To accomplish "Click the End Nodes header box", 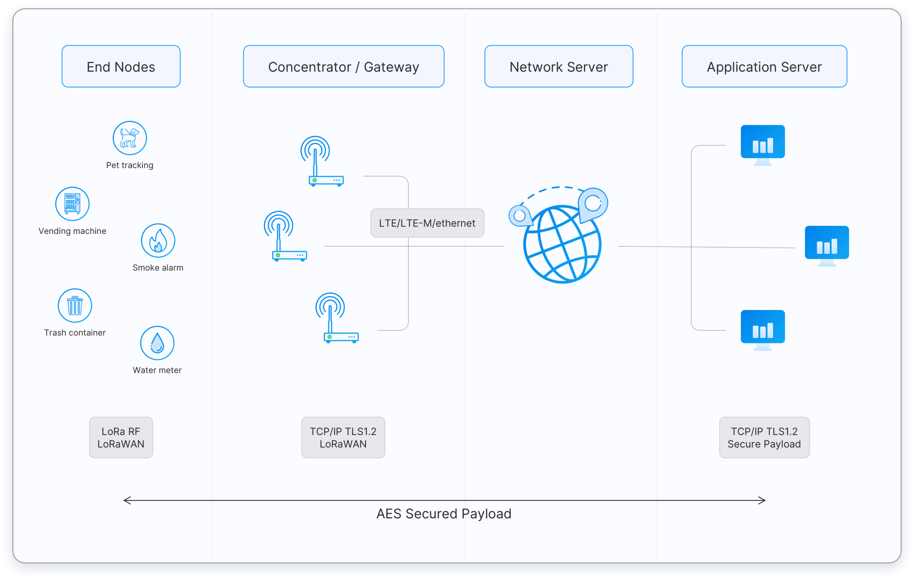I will pyautogui.click(x=121, y=67).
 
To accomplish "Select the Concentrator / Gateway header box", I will pyautogui.click(x=343, y=67).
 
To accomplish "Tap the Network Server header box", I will pyautogui.click(x=559, y=67).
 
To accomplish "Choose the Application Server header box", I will pyautogui.click(x=764, y=67).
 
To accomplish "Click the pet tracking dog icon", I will pyautogui.click(x=130, y=138).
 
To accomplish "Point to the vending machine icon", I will pyautogui.click(x=72, y=204).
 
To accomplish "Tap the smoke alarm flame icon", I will pyautogui.click(x=158, y=241).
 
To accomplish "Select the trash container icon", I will pyautogui.click(x=75, y=305).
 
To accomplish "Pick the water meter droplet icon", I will pyautogui.click(x=157, y=343).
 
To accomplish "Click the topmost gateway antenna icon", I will pyautogui.click(x=322, y=161).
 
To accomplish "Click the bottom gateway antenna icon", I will pyautogui.click(x=337, y=318).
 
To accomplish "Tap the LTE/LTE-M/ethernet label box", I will pyautogui.click(x=427, y=223).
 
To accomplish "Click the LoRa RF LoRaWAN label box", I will pyautogui.click(x=121, y=437).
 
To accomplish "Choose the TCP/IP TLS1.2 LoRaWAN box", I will pyautogui.click(x=343, y=437).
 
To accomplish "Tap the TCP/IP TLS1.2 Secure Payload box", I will pyautogui.click(x=764, y=437).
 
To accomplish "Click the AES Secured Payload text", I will pyautogui.click(x=444, y=514).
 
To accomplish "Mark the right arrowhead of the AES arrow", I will pyautogui.click(x=763, y=500).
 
